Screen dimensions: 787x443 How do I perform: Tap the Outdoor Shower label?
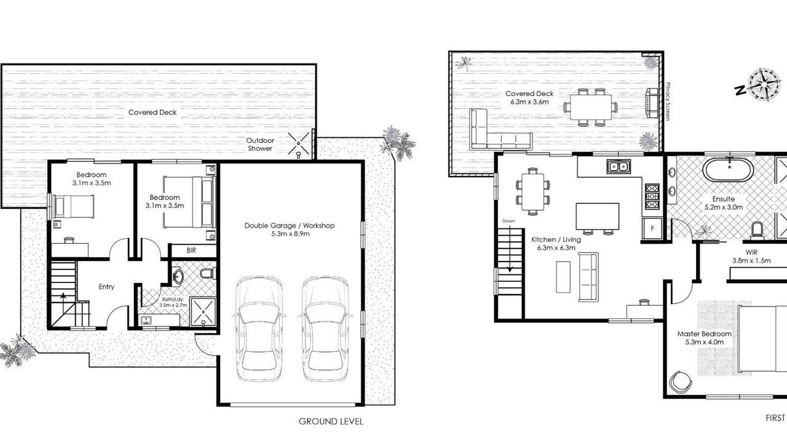260,145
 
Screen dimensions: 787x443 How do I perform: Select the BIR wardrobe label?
191,250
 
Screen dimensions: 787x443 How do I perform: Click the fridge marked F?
652,228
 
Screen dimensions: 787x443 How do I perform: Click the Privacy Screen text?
668,102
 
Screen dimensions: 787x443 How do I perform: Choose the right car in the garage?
325,329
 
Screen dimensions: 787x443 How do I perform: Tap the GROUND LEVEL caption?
331,421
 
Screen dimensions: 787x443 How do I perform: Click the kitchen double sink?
619,167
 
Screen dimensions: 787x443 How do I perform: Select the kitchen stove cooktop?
652,196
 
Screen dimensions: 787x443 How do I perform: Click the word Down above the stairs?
508,221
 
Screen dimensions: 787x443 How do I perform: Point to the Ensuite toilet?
756,232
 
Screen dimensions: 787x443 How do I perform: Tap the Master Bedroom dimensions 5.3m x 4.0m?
705,342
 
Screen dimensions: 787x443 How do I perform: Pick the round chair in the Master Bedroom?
681,382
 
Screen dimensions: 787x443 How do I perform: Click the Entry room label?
106,287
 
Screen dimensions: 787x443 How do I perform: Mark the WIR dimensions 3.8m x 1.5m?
751,260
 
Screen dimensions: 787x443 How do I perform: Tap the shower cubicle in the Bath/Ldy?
203,312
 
